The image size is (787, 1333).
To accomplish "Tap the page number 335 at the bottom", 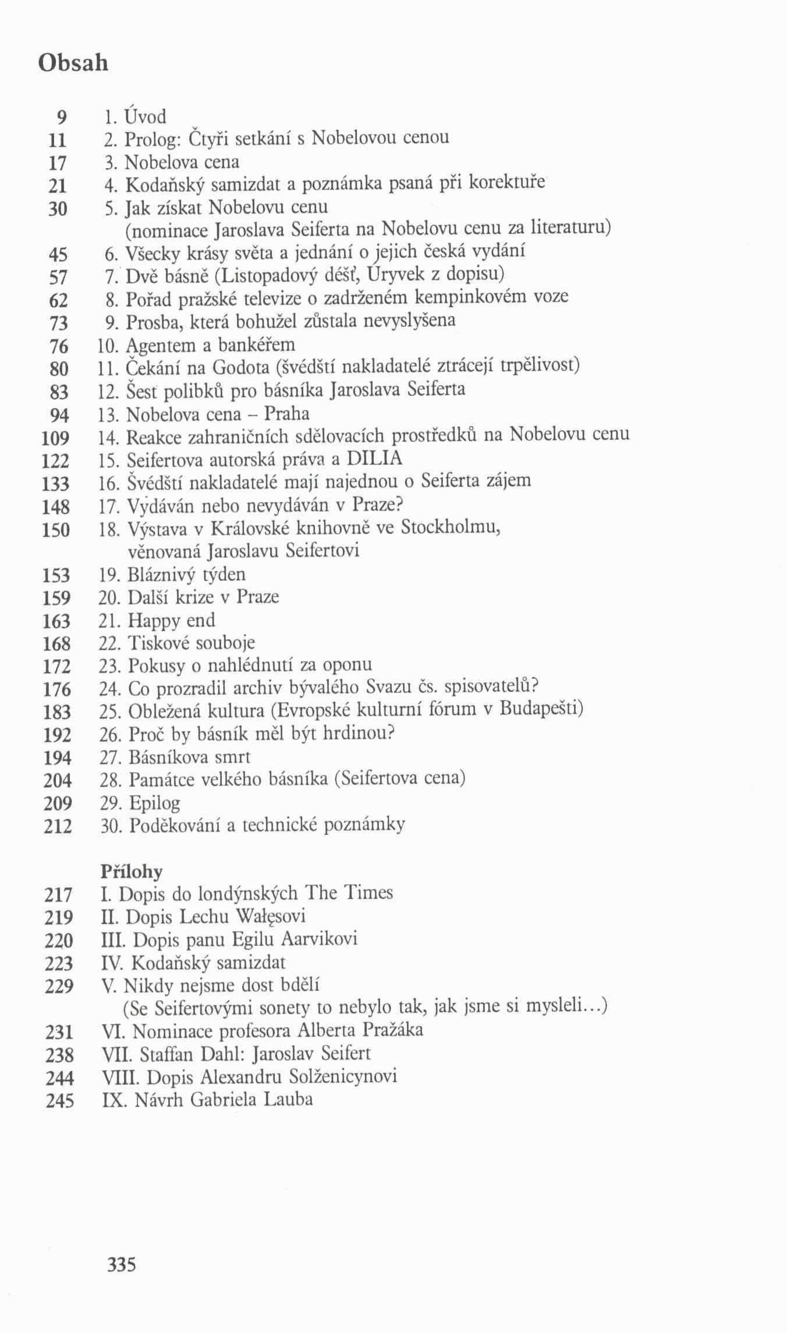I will (121, 1264).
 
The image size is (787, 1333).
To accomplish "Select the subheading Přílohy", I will (131, 871).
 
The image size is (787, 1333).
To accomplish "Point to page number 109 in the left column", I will (56, 438).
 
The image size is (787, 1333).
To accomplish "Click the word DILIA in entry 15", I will (375, 458).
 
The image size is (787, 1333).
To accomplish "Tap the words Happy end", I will (171, 620).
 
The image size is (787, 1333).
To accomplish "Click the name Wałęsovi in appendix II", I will (270, 916).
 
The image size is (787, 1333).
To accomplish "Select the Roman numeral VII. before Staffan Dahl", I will (112, 1054).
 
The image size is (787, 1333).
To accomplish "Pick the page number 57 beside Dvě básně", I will (59, 277).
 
